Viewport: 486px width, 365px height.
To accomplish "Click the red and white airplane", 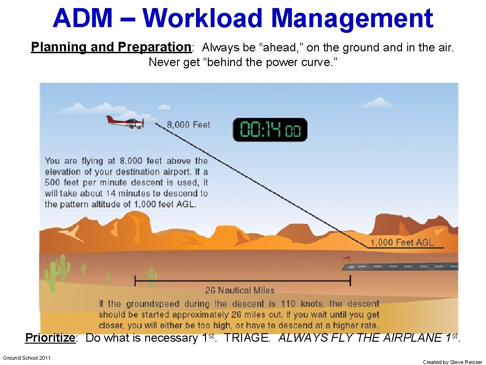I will [x=125, y=122].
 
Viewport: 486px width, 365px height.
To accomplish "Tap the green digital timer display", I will [x=270, y=130].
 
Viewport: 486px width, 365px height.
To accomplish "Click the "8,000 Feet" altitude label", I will [x=188, y=125].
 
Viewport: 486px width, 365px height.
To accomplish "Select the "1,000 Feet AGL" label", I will [x=402, y=242].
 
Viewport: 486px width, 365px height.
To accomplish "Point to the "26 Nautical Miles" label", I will [x=240, y=290].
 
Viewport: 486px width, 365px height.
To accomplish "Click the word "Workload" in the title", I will [x=203, y=18].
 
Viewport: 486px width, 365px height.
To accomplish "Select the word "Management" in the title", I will [x=352, y=18].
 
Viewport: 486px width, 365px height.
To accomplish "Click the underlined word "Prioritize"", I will [x=50, y=338].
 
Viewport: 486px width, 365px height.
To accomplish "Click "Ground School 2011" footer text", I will [x=27, y=358].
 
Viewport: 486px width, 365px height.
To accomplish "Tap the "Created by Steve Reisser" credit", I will [x=452, y=362].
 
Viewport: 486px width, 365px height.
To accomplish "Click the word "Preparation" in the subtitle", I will [x=154, y=47].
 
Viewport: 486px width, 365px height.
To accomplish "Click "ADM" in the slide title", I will [x=83, y=18].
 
